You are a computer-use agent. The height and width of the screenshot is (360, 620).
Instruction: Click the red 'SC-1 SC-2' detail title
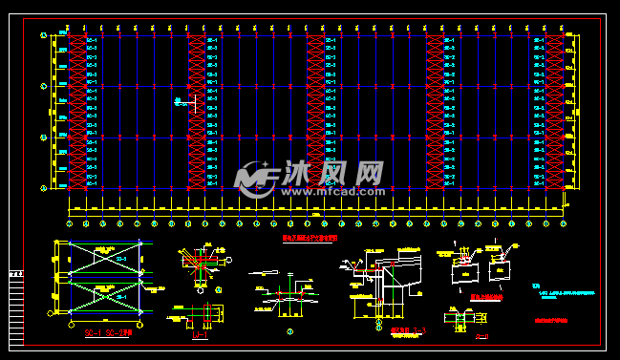point(99,332)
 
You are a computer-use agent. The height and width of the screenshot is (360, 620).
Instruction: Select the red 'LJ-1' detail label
point(200,334)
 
